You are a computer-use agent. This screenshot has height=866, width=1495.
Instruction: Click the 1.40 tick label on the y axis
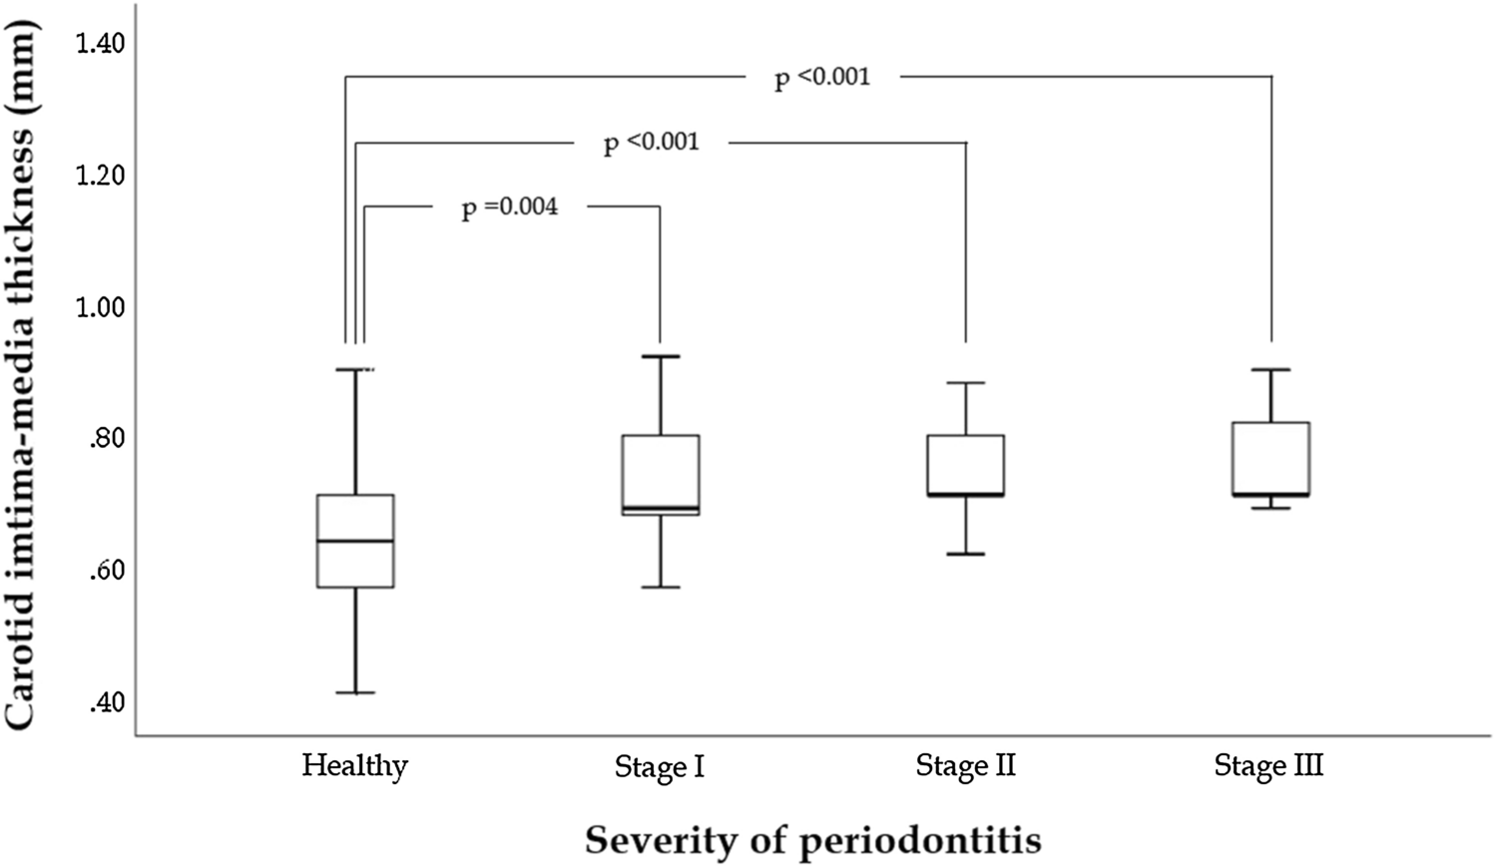[x=101, y=44]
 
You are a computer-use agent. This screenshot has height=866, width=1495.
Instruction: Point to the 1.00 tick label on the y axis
[x=101, y=307]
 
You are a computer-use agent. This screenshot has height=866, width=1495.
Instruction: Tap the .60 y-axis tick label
[x=106, y=572]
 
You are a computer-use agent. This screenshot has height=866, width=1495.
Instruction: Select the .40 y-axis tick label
[x=106, y=703]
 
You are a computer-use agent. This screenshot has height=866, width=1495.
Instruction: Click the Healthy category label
[x=355, y=766]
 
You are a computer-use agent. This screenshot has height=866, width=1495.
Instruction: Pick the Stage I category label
[x=660, y=767]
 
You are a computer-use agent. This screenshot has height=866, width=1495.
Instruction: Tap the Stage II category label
[x=965, y=766]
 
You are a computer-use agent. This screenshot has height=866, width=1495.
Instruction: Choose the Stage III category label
[x=1268, y=766]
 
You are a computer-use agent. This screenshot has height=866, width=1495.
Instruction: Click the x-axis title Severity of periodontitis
[x=812, y=840]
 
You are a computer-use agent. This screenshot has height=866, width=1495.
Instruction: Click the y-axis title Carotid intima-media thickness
[x=28, y=369]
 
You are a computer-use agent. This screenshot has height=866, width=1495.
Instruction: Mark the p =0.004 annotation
[x=509, y=208]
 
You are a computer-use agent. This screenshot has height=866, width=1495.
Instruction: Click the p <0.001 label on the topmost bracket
[x=822, y=77]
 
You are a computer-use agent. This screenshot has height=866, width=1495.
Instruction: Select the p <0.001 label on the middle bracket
[x=652, y=143]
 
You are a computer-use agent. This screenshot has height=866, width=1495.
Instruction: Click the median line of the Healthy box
[x=355, y=541]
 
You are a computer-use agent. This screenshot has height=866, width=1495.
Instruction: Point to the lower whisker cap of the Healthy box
[x=355, y=692]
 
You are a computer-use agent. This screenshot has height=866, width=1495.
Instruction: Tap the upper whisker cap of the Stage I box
[x=660, y=356]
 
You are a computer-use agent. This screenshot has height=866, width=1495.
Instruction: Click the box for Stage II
[x=965, y=465]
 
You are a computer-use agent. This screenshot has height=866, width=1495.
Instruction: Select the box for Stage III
[x=1270, y=459]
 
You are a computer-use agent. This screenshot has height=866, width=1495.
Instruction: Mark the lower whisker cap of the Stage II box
[x=965, y=554]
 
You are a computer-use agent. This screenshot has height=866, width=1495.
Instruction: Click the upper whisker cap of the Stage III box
[x=1270, y=369]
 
